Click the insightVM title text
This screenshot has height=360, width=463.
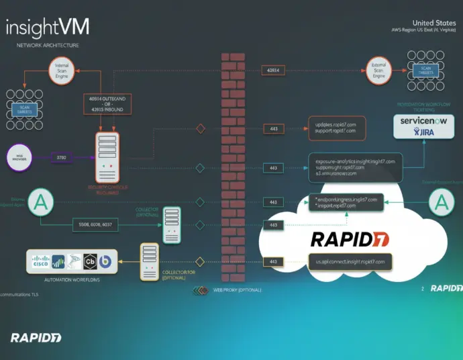pos(47,28)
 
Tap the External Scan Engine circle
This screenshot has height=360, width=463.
pos(379,71)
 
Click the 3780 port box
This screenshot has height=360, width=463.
pos(61,158)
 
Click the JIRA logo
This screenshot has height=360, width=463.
pos(425,133)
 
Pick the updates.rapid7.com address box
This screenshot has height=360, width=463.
pos(336,127)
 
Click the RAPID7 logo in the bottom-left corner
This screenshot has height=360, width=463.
pos(35,337)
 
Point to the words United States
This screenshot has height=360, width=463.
pos(434,22)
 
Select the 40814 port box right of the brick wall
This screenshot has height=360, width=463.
pos(273,70)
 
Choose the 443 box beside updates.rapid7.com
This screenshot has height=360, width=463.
pos(273,128)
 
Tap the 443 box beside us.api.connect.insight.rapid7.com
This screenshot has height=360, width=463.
pos(273,261)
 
